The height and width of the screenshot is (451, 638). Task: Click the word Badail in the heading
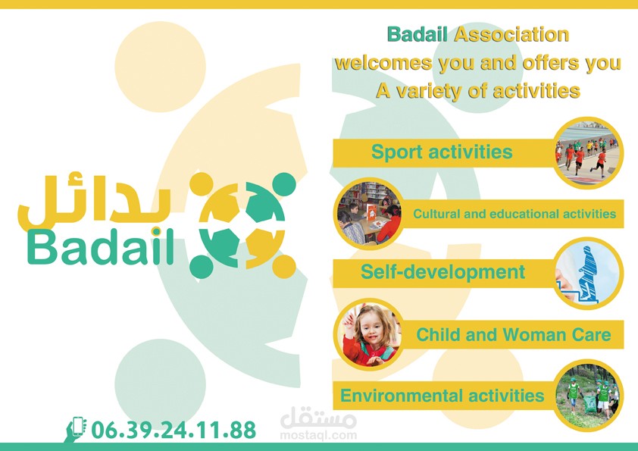click(x=417, y=35)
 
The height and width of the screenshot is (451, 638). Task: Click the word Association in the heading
click(x=511, y=35)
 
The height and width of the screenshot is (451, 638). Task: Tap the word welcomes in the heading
click(x=383, y=63)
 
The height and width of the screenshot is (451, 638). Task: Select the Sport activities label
click(x=442, y=152)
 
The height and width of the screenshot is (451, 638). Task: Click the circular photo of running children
click(x=588, y=152)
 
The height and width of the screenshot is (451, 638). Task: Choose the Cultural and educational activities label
click(x=514, y=214)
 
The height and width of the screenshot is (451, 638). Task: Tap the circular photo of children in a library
click(x=369, y=213)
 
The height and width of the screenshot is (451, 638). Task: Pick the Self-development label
click(x=443, y=272)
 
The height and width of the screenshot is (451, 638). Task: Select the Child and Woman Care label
click(x=514, y=334)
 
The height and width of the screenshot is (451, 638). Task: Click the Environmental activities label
click(x=443, y=396)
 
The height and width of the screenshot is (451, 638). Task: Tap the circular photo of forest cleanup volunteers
click(x=588, y=395)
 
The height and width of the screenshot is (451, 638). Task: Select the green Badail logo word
click(x=101, y=246)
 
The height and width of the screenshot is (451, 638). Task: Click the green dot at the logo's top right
click(x=284, y=184)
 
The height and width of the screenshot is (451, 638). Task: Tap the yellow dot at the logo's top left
click(x=202, y=184)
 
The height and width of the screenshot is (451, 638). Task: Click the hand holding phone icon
click(x=75, y=429)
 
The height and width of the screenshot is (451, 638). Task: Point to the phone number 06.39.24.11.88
click(x=174, y=430)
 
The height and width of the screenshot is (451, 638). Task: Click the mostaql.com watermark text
click(x=318, y=435)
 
